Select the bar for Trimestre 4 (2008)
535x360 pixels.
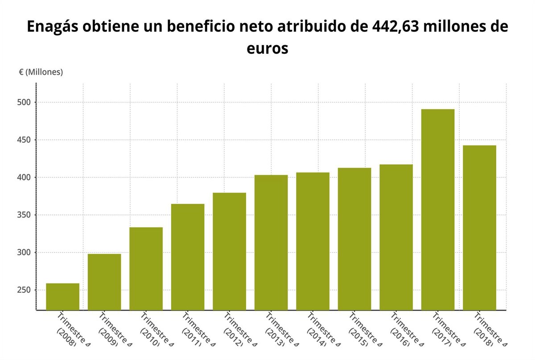[63, 296]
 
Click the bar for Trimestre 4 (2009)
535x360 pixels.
[104, 282]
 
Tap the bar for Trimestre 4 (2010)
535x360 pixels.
[146, 268]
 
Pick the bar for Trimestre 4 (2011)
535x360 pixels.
[188, 257]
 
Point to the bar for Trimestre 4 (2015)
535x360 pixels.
[354, 238]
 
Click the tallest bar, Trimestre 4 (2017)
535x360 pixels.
[438, 209]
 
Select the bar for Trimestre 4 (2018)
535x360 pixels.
[479, 227]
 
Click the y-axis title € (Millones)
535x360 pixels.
[41, 72]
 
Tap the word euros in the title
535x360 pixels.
[267, 48]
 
